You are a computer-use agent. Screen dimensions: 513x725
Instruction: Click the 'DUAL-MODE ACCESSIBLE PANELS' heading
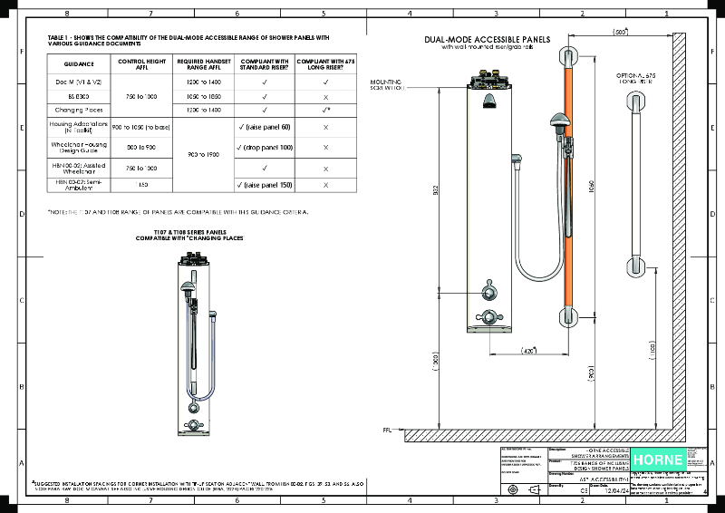coord(486,40)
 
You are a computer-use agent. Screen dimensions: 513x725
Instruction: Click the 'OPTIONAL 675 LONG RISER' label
coord(634,77)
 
